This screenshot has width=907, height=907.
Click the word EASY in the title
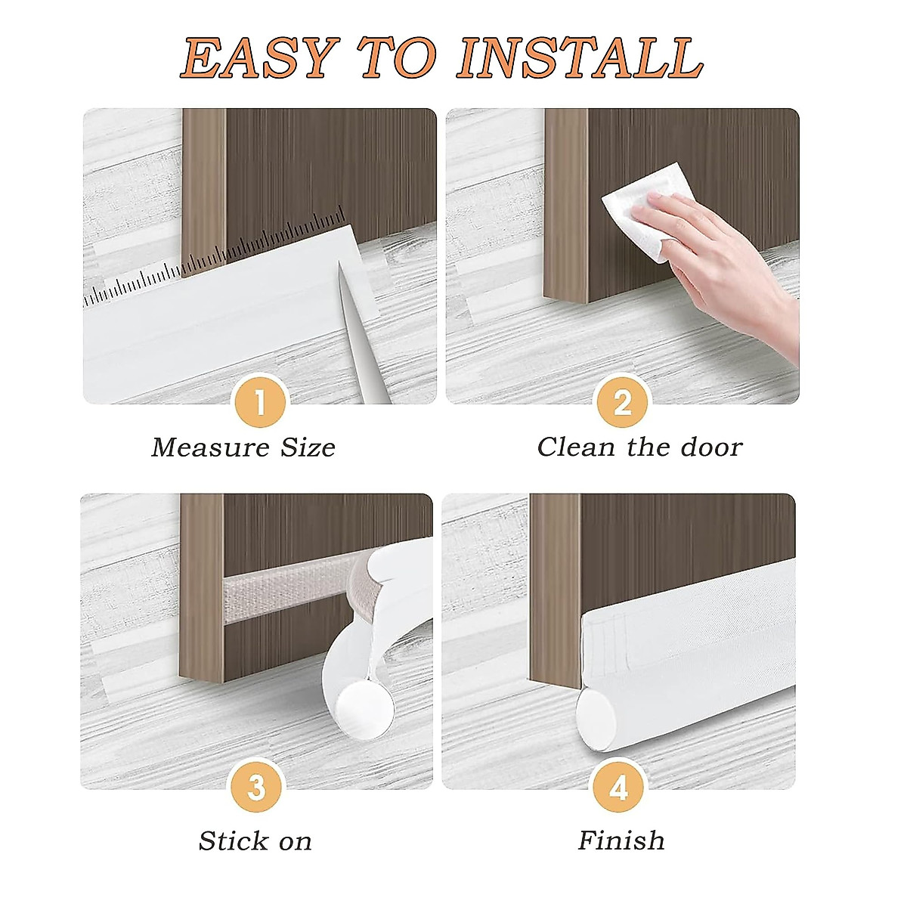click(258, 58)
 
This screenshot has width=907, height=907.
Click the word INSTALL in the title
click(580, 58)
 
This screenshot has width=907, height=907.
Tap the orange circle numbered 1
click(260, 403)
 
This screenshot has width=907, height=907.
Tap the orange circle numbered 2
click(622, 403)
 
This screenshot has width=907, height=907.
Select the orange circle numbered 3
click(256, 788)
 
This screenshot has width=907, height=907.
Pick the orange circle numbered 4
click(618, 788)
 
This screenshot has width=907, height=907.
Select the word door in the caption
click(710, 447)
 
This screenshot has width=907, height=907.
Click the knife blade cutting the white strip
click(355, 325)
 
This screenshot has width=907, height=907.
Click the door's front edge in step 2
click(565, 204)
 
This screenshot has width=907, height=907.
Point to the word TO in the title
click(398, 58)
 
